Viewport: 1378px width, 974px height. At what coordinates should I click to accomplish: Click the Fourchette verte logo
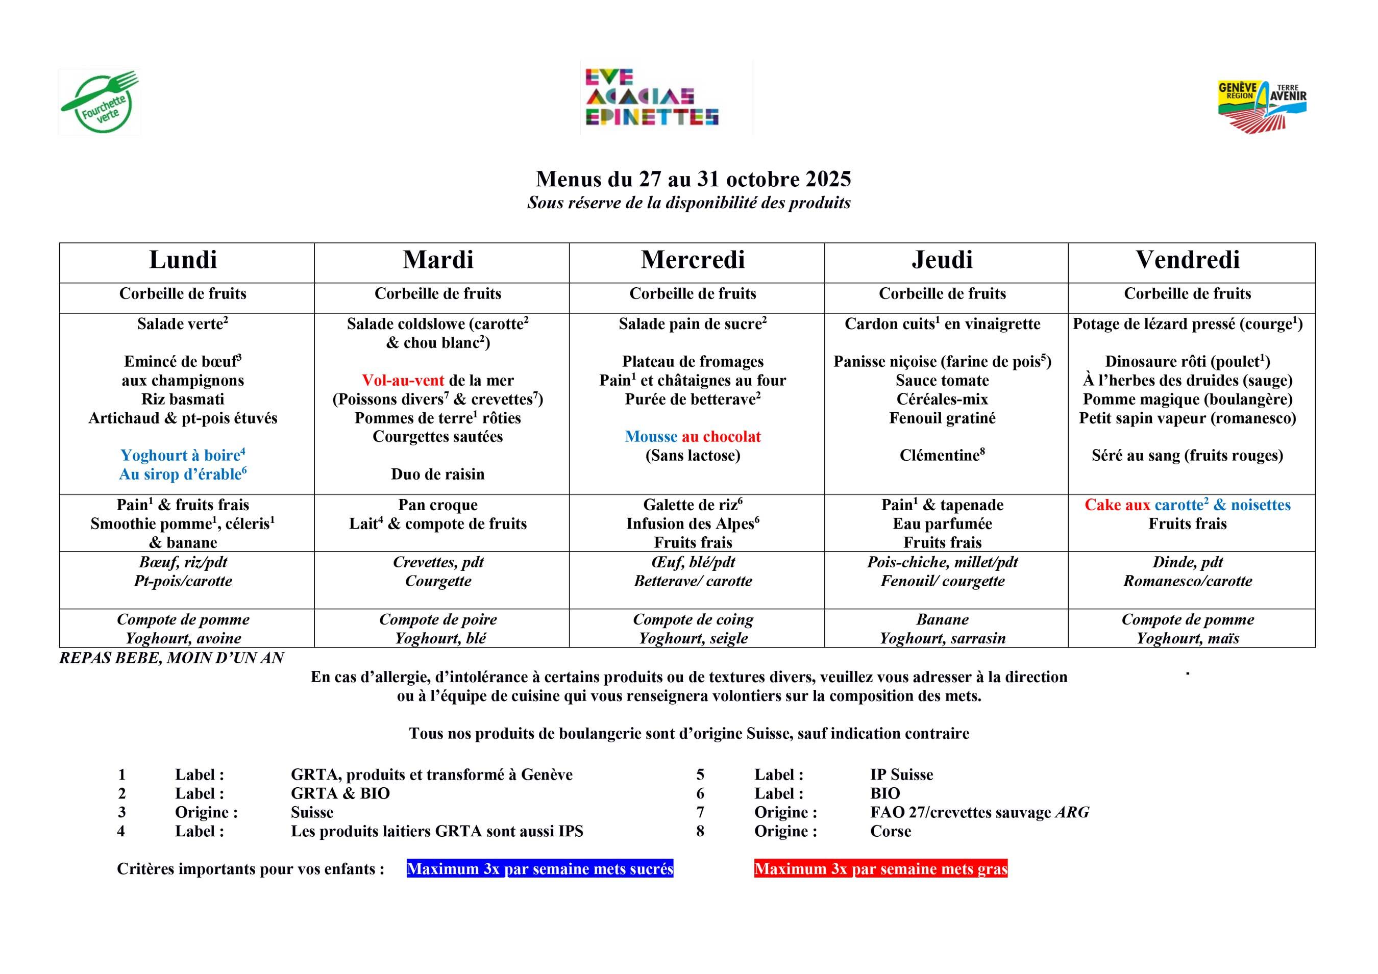tap(100, 102)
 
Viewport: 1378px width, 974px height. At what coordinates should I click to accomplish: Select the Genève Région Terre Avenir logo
tap(1262, 106)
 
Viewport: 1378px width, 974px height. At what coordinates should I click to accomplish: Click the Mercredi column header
tap(693, 260)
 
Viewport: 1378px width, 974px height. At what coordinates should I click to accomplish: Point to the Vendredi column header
tap(1187, 260)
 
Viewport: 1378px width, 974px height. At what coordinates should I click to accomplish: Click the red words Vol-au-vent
tap(403, 381)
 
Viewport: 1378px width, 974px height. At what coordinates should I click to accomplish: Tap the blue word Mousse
tap(651, 437)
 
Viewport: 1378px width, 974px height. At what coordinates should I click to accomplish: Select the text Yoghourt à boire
tap(180, 456)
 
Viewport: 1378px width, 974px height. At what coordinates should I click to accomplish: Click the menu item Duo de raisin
tap(437, 474)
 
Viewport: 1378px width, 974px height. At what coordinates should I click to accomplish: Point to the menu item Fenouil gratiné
tap(942, 418)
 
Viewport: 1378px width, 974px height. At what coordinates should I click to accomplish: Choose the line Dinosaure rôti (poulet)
tap(1187, 362)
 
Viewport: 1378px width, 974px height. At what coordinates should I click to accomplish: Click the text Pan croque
tap(437, 505)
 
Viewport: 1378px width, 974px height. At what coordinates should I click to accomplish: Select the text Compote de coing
tap(693, 619)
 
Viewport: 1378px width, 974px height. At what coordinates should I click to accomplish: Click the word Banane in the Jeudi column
tap(942, 619)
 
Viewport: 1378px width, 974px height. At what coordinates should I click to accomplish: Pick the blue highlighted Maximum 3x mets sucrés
tap(539, 869)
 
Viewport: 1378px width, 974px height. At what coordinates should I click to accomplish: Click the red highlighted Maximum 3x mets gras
tap(880, 869)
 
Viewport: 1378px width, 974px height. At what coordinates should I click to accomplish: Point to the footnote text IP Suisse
tap(901, 775)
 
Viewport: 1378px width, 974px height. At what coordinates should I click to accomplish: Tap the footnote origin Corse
tap(890, 831)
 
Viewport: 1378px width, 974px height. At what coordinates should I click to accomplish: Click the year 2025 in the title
tap(828, 180)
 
